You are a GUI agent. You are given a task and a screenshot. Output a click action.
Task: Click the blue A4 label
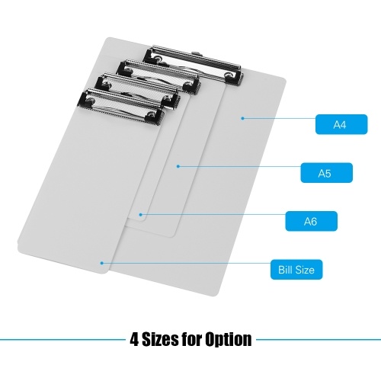[x=341, y=124]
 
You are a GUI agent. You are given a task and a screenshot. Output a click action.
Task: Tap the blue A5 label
[x=326, y=173]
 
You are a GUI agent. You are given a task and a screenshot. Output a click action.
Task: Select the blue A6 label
[x=312, y=221]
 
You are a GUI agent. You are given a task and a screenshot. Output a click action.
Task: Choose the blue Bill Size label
[x=296, y=270]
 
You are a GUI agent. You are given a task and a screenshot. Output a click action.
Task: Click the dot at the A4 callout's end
[x=242, y=118]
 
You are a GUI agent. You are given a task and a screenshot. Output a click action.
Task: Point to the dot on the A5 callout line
[x=178, y=166]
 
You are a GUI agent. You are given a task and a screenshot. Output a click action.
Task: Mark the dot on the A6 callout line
[x=141, y=215]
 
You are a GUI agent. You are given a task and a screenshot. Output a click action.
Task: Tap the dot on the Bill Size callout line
[x=101, y=263]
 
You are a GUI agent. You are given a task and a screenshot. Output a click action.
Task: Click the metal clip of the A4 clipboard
[x=193, y=65]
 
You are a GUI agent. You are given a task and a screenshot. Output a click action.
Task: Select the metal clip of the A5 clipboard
[x=158, y=77]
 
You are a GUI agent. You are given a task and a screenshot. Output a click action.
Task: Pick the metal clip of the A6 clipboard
[x=137, y=91]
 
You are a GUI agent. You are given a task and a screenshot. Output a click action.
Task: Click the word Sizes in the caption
[x=158, y=339]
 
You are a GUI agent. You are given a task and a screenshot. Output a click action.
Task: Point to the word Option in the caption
[x=229, y=340]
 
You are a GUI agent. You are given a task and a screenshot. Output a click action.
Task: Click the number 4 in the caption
[x=134, y=340]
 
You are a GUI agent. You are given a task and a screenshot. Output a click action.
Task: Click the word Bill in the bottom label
[x=284, y=270]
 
